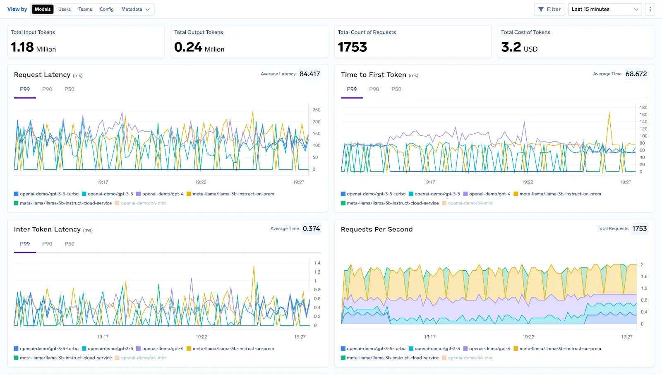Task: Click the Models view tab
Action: [43, 9]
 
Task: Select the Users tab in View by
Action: [64, 9]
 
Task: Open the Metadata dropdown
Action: [135, 9]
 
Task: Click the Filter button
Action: [549, 9]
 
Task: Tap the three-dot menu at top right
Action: [650, 9]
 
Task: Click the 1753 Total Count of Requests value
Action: [352, 47]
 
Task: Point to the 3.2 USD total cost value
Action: [519, 47]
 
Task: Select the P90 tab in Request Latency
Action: [47, 89]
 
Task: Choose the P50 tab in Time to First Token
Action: [396, 89]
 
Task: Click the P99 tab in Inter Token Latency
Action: [25, 244]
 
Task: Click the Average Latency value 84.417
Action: [309, 74]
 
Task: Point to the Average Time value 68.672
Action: [636, 74]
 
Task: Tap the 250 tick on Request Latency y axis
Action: [316, 110]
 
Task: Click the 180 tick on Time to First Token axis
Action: [643, 108]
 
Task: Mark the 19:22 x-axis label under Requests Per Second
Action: [528, 337]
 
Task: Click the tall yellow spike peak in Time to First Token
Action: [609, 113]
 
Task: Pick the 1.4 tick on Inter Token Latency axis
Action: [317, 263]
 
